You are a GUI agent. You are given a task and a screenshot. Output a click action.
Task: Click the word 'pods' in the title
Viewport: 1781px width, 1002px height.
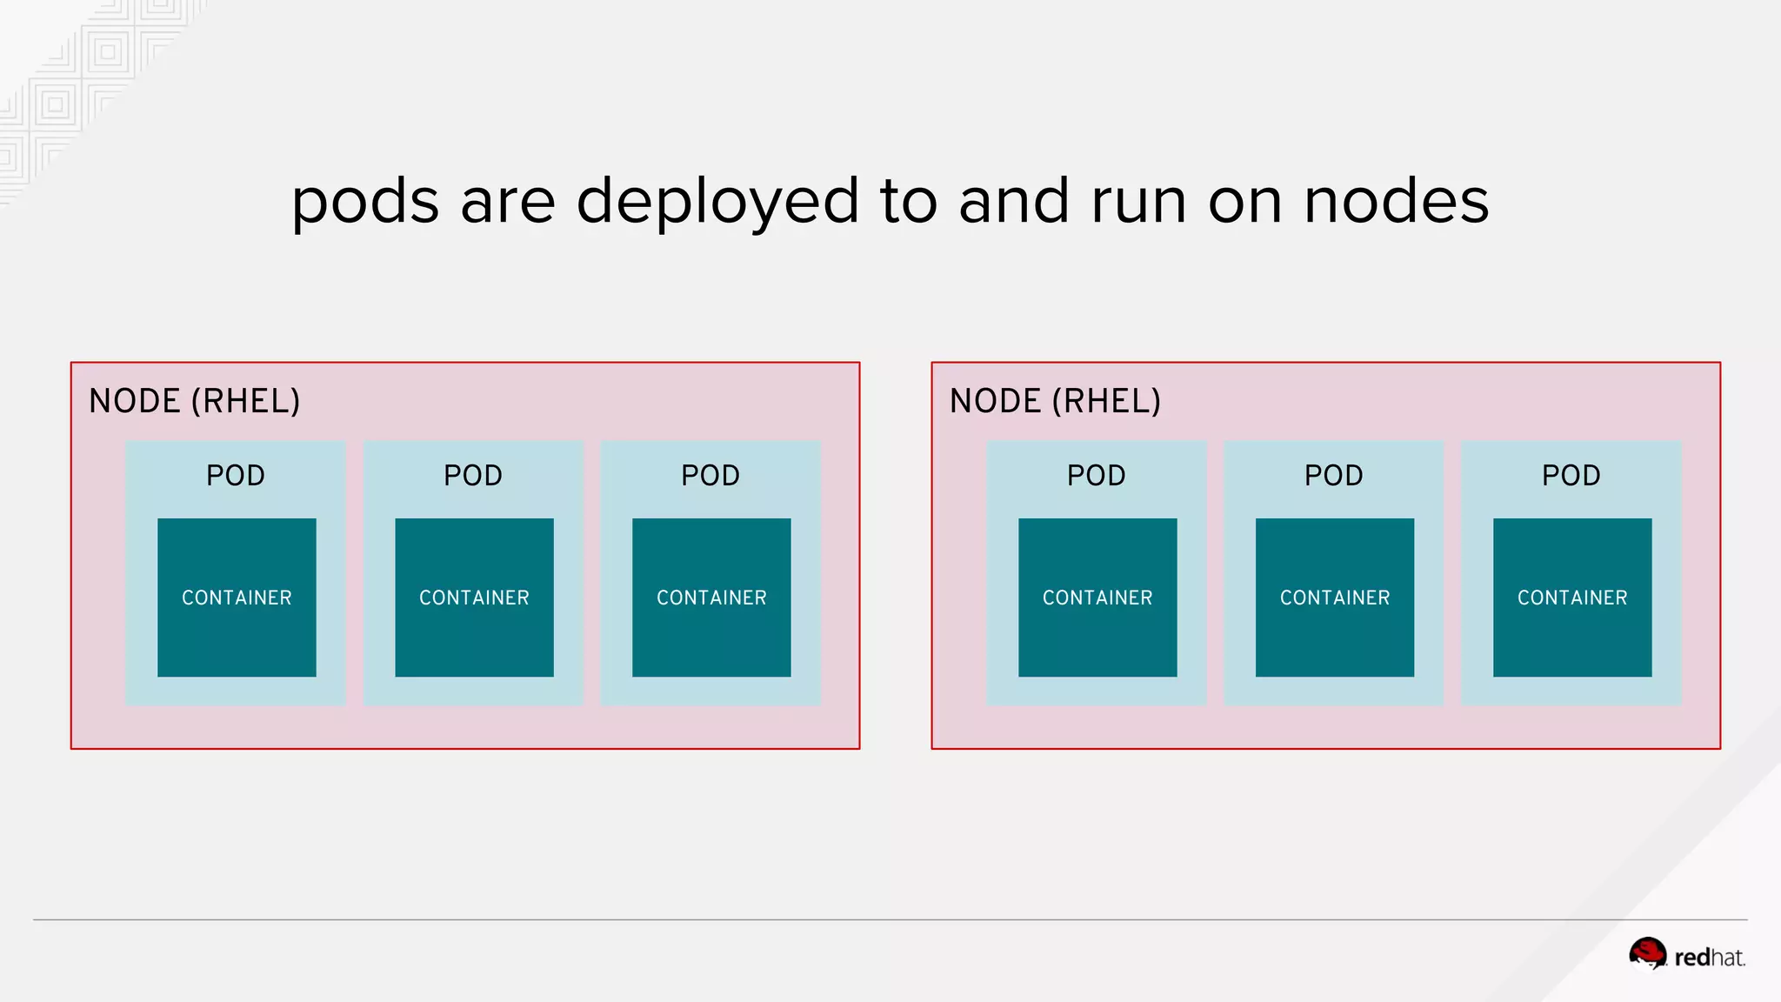pos(365,202)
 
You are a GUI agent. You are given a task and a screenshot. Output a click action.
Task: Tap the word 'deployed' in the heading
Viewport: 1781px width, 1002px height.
pos(717,202)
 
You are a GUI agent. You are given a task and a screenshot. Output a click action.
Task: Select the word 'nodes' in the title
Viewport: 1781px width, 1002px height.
pos(1397,202)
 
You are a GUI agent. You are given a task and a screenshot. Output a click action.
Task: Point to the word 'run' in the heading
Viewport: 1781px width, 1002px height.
pos(1139,202)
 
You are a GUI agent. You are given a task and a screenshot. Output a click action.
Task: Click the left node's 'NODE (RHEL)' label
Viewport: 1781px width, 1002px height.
pos(195,401)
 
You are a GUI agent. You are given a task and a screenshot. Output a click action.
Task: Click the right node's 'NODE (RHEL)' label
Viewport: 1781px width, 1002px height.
pos(1055,401)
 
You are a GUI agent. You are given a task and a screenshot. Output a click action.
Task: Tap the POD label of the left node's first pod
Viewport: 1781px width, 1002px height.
pos(236,476)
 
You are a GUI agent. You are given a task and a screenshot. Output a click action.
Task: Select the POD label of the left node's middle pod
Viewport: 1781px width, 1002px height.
pos(473,476)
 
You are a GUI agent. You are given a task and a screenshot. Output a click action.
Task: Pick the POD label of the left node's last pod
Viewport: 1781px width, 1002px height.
pos(710,476)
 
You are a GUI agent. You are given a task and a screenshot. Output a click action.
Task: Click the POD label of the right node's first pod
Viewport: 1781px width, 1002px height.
pos(1097,476)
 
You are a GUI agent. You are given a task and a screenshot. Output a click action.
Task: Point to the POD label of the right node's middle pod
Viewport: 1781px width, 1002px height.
pos(1334,476)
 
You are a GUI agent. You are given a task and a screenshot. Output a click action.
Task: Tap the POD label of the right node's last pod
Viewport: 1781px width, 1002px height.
pos(1571,476)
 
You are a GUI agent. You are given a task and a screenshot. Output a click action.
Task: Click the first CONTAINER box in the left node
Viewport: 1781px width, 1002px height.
pos(237,598)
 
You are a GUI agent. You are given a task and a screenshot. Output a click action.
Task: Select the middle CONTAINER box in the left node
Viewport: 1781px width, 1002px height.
pos(474,598)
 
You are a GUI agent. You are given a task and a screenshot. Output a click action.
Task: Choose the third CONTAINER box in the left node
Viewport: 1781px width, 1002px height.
pos(711,598)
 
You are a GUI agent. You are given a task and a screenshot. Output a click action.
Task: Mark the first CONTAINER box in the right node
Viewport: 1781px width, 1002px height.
pos(1097,598)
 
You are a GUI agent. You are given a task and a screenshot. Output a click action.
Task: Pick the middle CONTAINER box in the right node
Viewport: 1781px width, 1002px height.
pos(1335,598)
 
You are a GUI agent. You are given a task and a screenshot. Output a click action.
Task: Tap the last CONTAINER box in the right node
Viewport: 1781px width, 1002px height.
pos(1572,598)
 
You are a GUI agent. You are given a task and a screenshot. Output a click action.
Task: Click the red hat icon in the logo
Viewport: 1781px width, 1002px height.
pos(1647,953)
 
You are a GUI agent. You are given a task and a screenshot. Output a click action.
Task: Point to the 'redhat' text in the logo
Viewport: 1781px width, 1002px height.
pos(1710,958)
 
